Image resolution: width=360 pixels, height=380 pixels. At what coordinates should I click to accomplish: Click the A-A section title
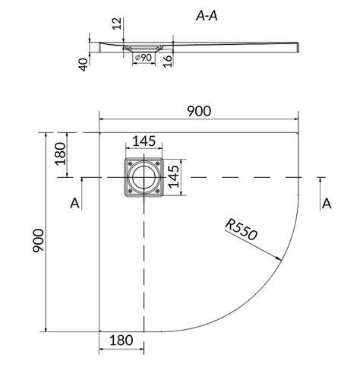207,16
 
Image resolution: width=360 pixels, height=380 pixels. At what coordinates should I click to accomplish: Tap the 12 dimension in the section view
117,24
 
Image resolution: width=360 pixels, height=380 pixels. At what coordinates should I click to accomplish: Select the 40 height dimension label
84,65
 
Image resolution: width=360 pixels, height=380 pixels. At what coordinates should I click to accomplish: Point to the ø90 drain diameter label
144,58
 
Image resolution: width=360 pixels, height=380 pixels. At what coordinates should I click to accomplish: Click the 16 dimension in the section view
168,61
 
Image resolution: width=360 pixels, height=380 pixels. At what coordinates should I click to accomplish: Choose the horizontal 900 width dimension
199,111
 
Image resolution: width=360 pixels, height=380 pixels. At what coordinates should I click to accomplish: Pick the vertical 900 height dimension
39,240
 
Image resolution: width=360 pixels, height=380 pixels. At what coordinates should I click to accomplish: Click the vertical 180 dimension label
60,154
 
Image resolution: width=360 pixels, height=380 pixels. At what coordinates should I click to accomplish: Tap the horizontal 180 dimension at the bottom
121,340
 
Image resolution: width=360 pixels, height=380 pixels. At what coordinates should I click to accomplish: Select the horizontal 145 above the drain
144,141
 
